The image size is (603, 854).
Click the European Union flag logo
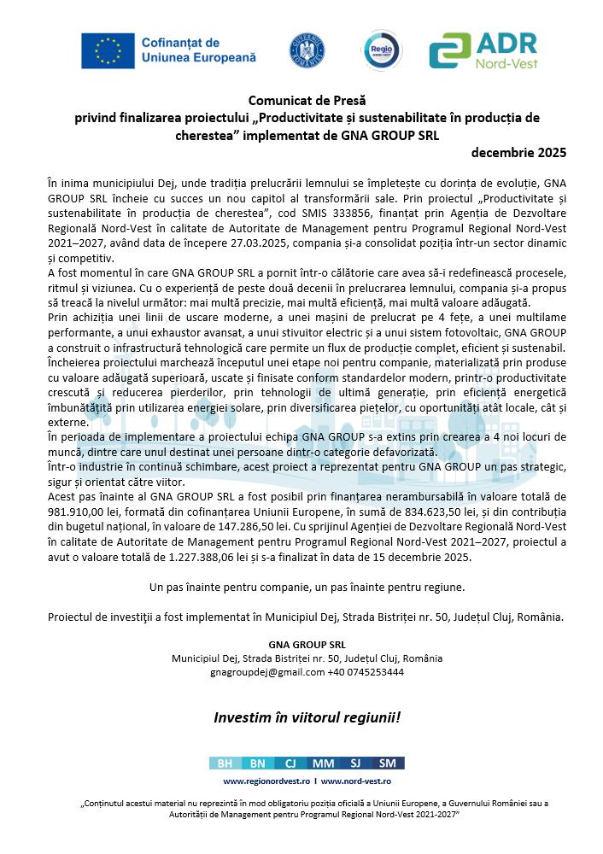click(x=107, y=51)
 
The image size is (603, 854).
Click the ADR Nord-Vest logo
click(x=483, y=50)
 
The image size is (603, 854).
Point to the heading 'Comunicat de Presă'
click(x=301, y=101)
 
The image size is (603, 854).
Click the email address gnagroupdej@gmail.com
click(x=266, y=671)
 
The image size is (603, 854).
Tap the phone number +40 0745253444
click(x=365, y=671)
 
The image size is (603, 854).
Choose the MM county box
click(x=323, y=763)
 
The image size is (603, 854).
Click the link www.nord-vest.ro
click(x=356, y=781)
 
